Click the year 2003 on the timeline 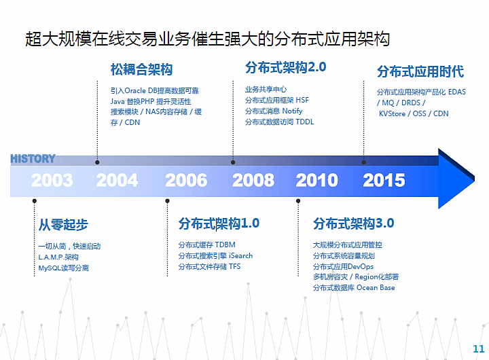click(52, 180)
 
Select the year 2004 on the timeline click(117, 180)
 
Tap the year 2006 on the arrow click(186, 180)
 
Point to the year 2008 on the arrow click(253, 180)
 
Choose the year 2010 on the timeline click(317, 180)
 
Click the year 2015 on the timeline click(384, 180)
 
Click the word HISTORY click(33, 159)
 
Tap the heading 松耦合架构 click(141, 69)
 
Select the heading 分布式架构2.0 click(286, 67)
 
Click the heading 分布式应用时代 click(420, 71)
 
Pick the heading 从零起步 click(63, 225)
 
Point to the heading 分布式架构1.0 click(219, 223)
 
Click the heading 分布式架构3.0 click(354, 223)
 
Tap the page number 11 click(479, 348)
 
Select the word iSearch click(240, 255)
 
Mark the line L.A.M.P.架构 click(58, 257)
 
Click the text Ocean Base click(376, 287)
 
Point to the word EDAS click(457, 92)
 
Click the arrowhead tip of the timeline click(474, 179)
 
